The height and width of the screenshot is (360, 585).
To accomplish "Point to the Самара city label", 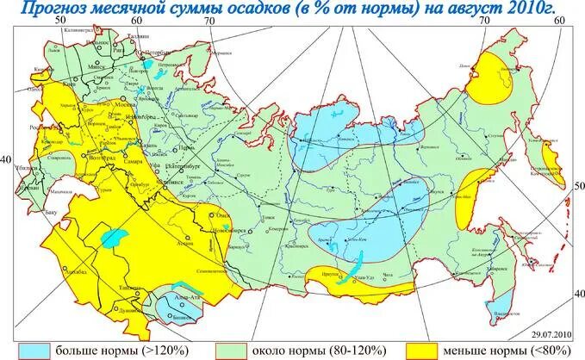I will tap(133, 162).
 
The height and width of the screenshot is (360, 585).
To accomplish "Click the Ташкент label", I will tap(130, 289).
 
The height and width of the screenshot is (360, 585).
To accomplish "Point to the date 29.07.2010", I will tap(549, 332).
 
